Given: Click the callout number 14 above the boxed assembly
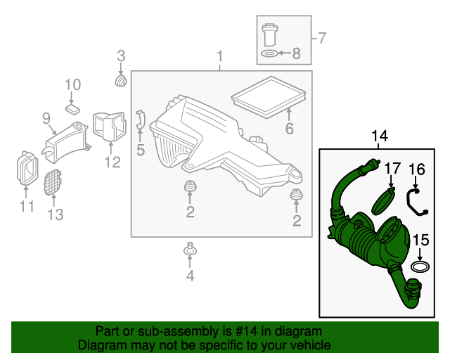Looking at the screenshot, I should pyautogui.click(x=380, y=135).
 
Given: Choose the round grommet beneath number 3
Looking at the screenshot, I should pyautogui.click(x=121, y=83).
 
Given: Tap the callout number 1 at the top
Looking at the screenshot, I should pyautogui.click(x=220, y=56).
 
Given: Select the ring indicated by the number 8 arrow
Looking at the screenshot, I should pyautogui.click(x=269, y=53).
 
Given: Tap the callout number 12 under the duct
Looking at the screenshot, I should pyautogui.click(x=112, y=162).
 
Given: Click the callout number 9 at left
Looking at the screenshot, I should pyautogui.click(x=46, y=117).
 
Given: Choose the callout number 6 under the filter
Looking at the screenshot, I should pyautogui.click(x=288, y=128).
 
